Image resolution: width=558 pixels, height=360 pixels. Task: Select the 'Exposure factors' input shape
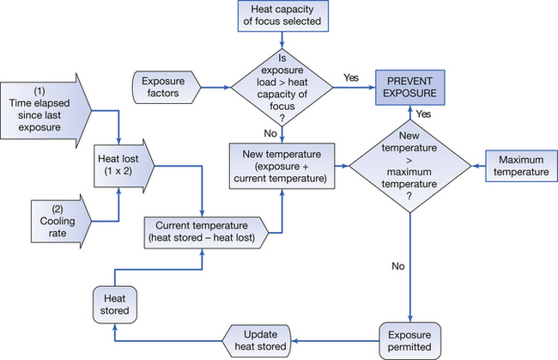coord(167,87)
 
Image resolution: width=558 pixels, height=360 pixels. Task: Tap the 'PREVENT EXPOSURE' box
coord(415,87)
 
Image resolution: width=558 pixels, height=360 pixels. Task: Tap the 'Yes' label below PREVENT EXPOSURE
coord(422,113)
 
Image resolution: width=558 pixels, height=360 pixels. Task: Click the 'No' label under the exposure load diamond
coord(270,133)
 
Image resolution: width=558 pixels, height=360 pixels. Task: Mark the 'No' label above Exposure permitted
coord(397,266)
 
